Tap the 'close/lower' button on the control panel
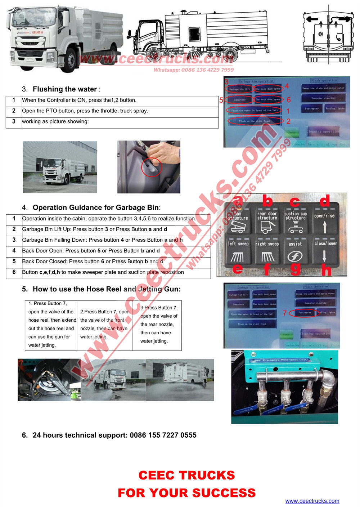tap(325, 250)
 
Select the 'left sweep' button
tap(238, 251)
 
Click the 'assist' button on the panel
tap(295, 251)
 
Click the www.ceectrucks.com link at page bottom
tap(312, 501)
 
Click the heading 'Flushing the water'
tap(65, 89)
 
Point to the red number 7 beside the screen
tap(284, 313)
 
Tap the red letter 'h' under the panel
tap(326, 270)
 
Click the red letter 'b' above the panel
tap(267, 201)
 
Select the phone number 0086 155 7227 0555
tap(163, 435)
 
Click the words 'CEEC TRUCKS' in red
tap(186, 475)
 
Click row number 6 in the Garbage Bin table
tap(14, 272)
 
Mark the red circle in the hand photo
tap(152, 167)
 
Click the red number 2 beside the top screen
tap(288, 121)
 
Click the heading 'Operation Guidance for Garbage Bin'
tap(96, 207)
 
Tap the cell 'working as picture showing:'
tap(55, 122)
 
